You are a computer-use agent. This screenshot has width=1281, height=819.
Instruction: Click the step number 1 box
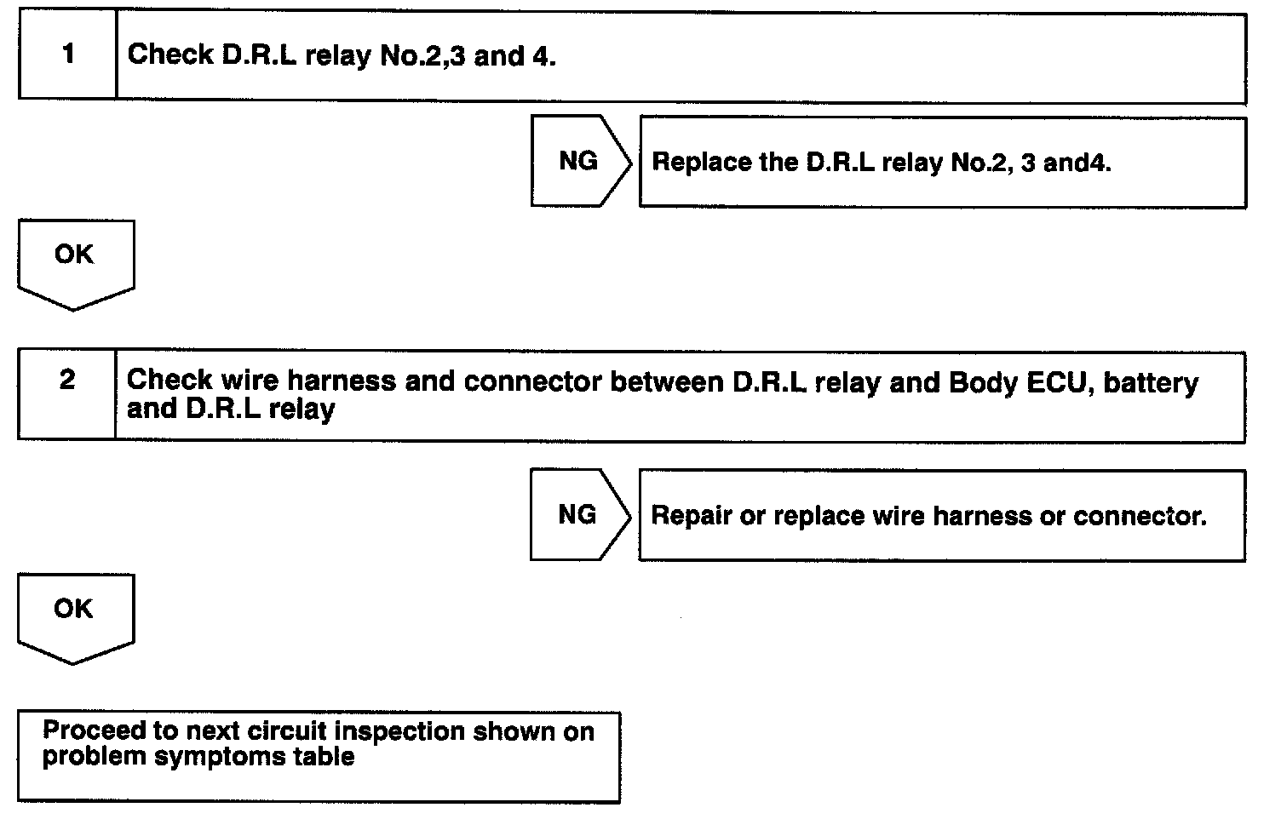click(67, 55)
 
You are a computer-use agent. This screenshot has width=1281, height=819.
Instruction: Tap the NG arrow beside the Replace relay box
click(579, 161)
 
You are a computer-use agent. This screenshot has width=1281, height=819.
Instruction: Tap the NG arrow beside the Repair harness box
click(577, 514)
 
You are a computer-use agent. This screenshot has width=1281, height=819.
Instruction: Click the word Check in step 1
click(169, 55)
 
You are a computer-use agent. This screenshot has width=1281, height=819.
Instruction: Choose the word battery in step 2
click(1151, 382)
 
